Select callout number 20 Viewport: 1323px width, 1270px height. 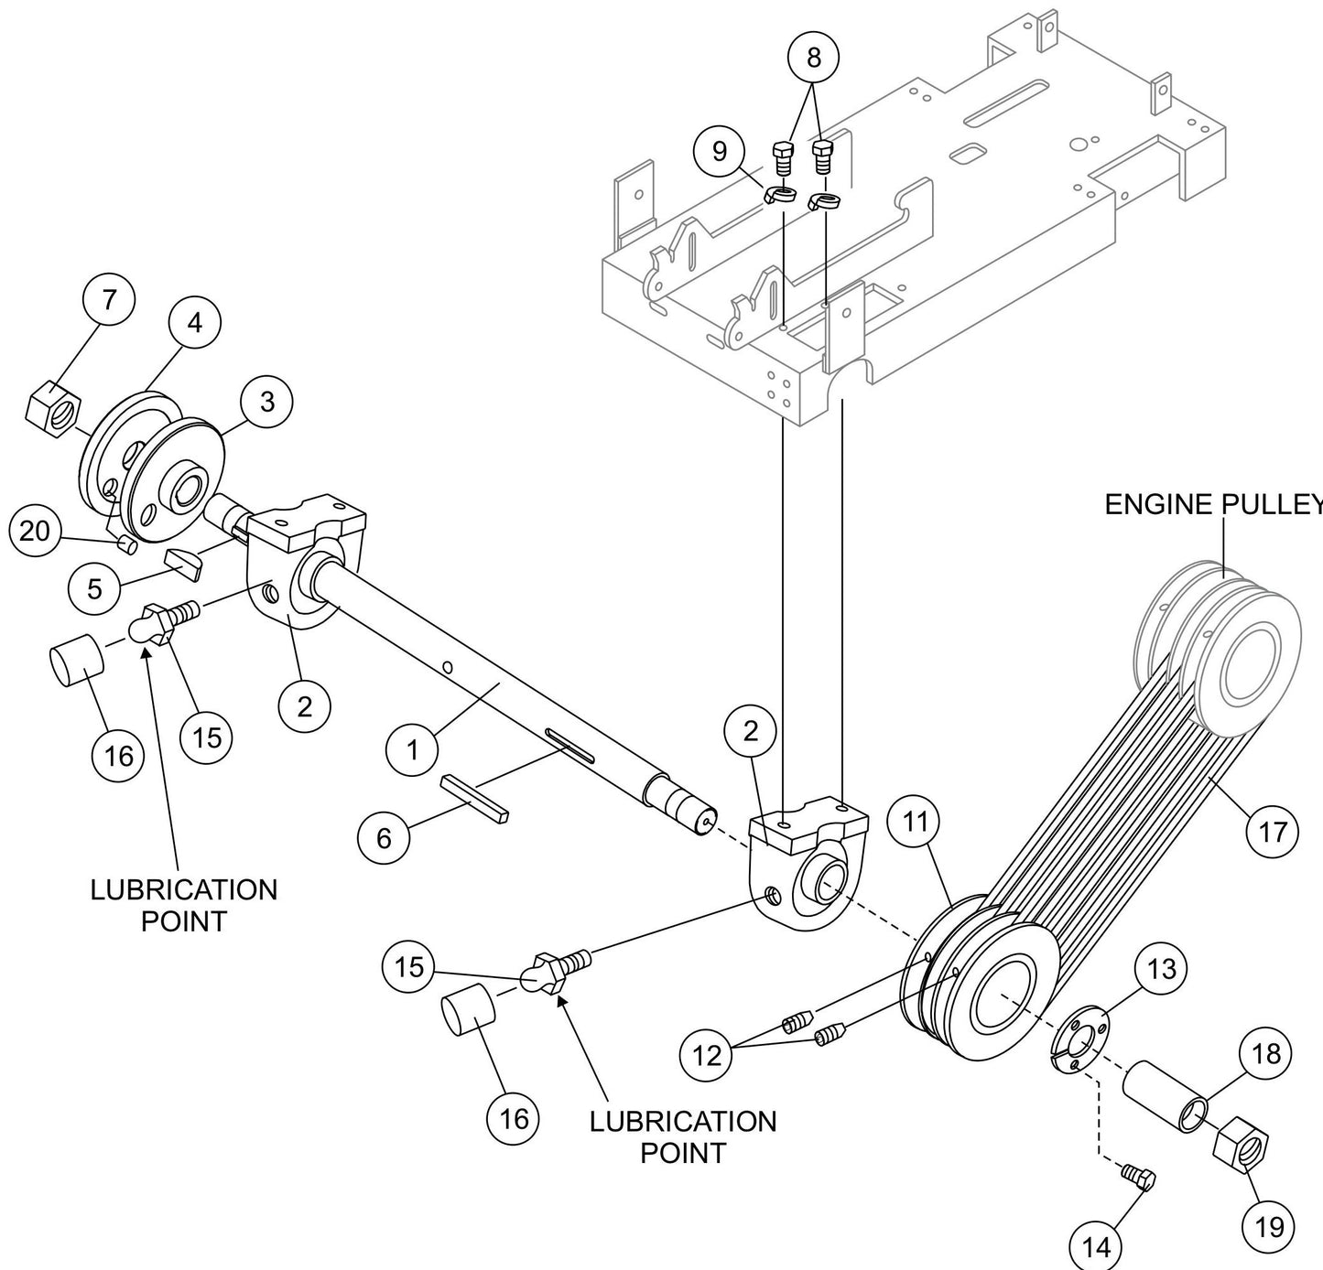point(35,530)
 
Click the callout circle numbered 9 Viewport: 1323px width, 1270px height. point(719,151)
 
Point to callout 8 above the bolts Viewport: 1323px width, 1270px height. point(814,56)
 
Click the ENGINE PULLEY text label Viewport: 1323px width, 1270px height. point(1212,505)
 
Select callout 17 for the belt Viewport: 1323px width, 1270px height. point(1273,831)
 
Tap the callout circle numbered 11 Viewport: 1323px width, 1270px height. point(916,822)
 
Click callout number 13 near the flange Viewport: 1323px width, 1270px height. point(1161,968)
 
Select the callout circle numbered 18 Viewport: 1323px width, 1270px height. point(1265,1053)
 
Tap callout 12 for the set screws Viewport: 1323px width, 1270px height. point(707,1055)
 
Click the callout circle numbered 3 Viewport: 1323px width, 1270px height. point(266,402)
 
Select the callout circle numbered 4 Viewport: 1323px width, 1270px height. point(195,322)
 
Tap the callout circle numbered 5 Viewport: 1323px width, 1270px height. point(95,588)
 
